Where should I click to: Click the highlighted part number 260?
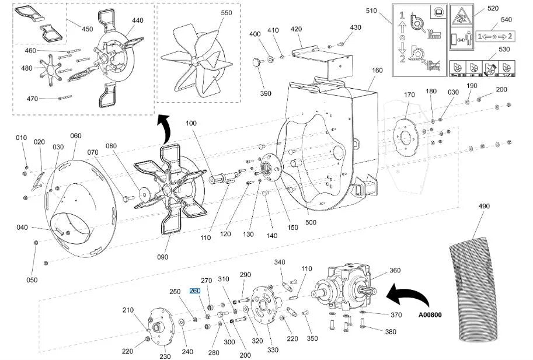(195, 291)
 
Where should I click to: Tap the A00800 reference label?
(430, 315)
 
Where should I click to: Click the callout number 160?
(377, 70)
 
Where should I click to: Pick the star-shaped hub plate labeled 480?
(51, 70)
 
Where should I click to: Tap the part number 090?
(162, 257)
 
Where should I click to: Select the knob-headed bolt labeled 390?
(257, 62)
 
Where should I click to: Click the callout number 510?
(371, 11)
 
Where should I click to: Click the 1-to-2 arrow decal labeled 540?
(495, 36)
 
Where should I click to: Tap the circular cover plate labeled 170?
(406, 138)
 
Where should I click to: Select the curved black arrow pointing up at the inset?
(164, 128)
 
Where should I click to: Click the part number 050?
(32, 280)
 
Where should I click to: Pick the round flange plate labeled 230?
(161, 327)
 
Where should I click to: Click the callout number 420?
(296, 29)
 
